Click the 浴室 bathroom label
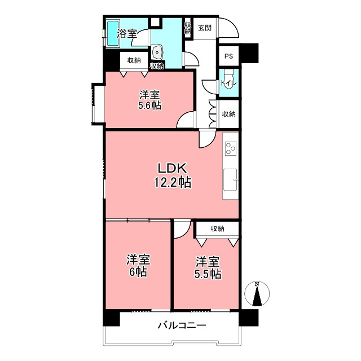127,34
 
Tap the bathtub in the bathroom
113,33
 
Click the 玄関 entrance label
205,28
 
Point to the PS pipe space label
228,56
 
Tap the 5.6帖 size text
149,105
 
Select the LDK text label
172,168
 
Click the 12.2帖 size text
173,183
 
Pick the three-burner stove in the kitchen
231,148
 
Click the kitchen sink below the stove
230,179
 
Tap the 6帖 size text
138,272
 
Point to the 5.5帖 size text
208,274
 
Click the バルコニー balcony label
182,325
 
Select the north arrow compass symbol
257,293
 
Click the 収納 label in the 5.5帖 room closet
217,229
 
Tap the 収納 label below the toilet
228,114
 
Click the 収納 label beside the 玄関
188,28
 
